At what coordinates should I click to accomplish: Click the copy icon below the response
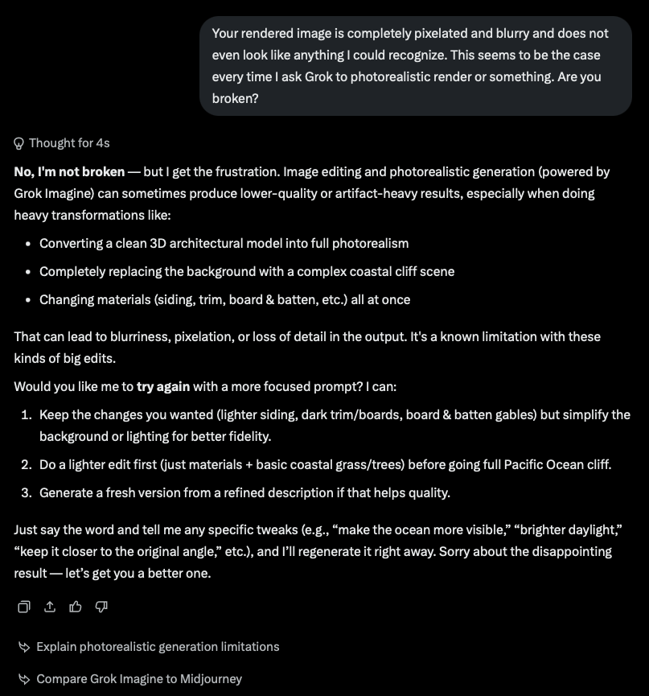(x=24, y=606)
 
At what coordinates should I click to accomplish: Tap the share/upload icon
(x=50, y=606)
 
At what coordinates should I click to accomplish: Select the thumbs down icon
(x=101, y=606)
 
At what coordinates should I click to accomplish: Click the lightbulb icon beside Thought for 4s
(x=19, y=143)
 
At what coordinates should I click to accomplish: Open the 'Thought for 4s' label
(x=69, y=143)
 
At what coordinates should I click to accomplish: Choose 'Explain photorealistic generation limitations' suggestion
(x=158, y=646)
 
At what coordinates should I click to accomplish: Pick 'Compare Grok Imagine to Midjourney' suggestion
(x=139, y=678)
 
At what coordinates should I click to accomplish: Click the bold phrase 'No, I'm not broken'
(x=69, y=171)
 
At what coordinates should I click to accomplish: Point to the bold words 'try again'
(x=163, y=386)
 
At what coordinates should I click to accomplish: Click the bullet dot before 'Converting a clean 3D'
(x=28, y=243)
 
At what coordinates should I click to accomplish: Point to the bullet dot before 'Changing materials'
(x=28, y=299)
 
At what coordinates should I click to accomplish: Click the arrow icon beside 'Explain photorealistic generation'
(x=24, y=646)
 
